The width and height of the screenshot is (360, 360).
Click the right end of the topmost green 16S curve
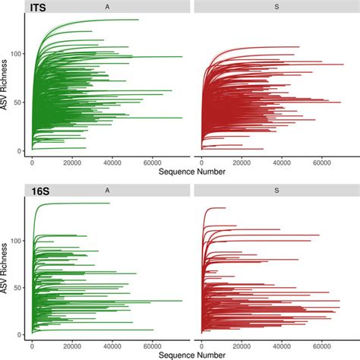tap(109, 203)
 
